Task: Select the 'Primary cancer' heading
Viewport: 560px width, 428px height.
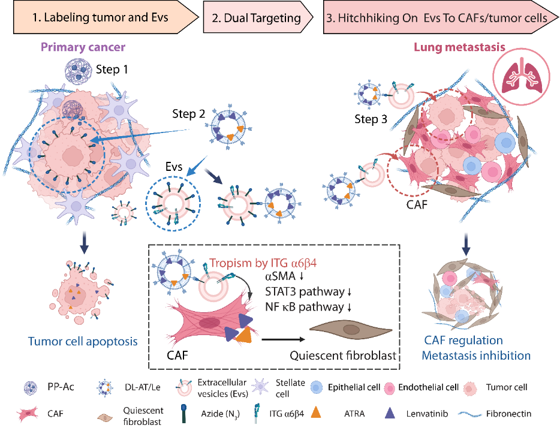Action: tap(92, 47)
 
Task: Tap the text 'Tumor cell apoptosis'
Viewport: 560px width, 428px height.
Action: tap(83, 342)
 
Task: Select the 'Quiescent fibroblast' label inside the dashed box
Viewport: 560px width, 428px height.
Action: tap(344, 355)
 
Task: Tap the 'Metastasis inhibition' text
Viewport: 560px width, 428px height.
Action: tap(476, 355)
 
